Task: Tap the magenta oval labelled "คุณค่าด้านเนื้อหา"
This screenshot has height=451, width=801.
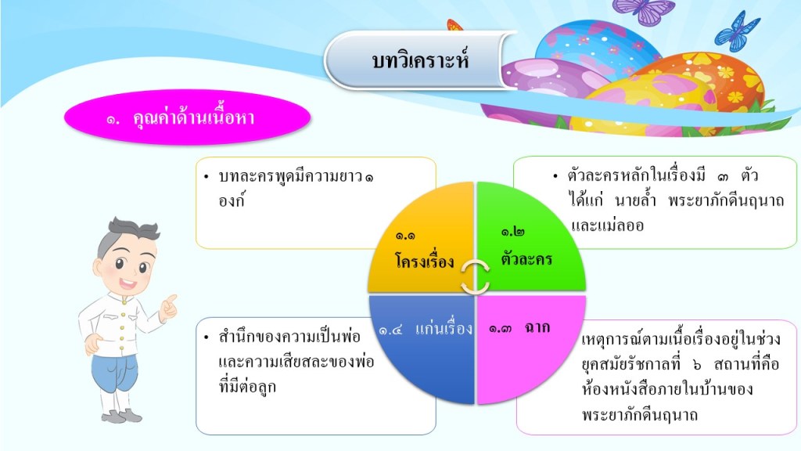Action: [187, 117]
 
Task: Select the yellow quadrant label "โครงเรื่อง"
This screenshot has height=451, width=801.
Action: [425, 261]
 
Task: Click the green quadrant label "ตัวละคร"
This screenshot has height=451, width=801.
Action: [526, 258]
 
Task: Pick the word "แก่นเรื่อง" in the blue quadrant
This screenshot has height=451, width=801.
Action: [444, 328]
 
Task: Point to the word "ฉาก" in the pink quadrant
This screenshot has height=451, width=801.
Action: [537, 327]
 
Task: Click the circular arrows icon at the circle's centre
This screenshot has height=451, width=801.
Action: [475, 277]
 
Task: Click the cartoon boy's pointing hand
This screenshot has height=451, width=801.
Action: [169, 308]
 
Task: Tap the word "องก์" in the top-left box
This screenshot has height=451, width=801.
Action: [232, 200]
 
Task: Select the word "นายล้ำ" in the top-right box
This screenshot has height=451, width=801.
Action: [635, 200]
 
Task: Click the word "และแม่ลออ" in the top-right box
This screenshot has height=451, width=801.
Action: [607, 225]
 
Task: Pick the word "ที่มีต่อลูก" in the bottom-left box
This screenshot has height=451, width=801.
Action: [248, 387]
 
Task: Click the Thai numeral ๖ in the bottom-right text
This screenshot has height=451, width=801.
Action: [698, 365]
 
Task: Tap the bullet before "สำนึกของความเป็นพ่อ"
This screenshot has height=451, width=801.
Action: [206, 337]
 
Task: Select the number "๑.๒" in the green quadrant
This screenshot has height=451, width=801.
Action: [512, 232]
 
